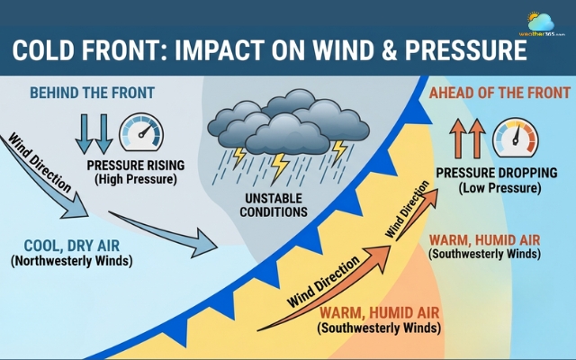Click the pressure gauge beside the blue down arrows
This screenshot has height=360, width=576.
click(141, 132)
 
